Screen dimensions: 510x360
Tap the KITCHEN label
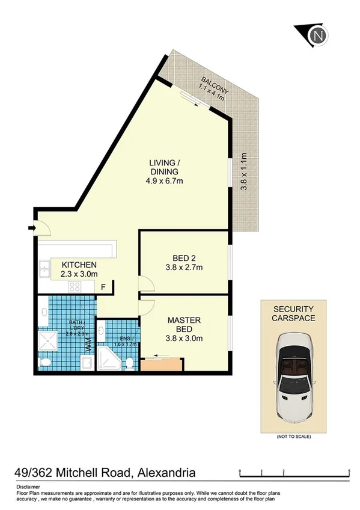pos(79,265)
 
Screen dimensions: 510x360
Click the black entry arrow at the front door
pos(31,227)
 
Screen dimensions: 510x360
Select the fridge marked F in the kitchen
pos(103,287)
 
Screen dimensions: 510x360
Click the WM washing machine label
pos(88,346)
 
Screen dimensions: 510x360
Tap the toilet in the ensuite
pos(130,362)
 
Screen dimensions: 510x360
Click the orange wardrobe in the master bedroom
pos(161,364)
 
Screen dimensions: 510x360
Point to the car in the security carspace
pos(293,379)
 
